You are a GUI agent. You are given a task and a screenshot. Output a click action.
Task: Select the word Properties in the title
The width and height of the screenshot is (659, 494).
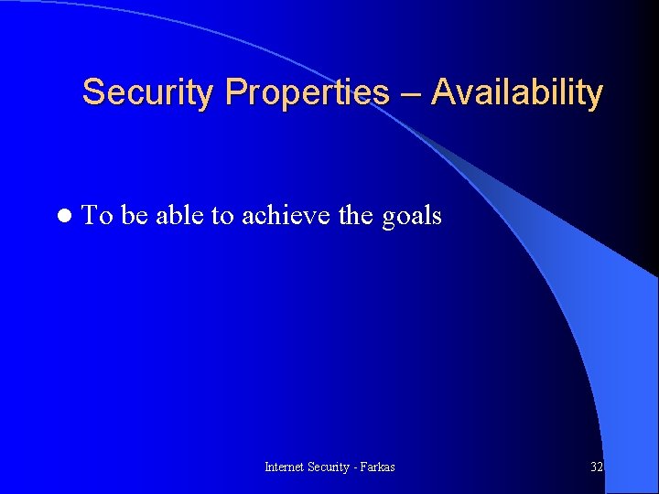(x=307, y=92)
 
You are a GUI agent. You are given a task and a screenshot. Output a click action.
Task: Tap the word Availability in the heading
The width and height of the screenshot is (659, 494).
(x=517, y=92)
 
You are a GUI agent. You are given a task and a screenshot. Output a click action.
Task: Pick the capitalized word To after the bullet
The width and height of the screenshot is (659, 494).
(x=97, y=216)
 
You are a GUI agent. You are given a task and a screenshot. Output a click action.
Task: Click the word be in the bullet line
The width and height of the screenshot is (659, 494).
(x=134, y=216)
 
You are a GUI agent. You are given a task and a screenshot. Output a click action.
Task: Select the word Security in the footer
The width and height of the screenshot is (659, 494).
(x=330, y=467)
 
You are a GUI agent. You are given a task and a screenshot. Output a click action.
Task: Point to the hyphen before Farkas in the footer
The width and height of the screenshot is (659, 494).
(x=357, y=467)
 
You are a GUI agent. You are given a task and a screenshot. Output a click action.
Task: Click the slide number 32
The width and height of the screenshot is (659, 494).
(x=597, y=467)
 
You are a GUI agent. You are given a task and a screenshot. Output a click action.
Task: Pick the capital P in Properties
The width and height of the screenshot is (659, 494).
(x=235, y=92)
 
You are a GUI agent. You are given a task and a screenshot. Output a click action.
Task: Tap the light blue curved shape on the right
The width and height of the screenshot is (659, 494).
(x=586, y=320)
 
